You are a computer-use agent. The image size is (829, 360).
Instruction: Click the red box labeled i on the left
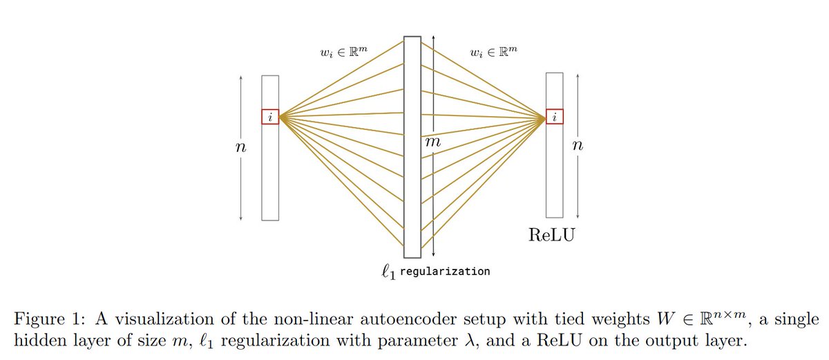tap(270, 117)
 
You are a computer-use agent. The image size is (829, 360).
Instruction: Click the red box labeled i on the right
tap(555, 117)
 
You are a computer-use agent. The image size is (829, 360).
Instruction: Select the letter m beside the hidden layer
tap(432, 141)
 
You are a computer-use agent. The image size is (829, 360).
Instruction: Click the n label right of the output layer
tap(578, 147)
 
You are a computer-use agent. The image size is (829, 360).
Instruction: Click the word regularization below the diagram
tap(445, 272)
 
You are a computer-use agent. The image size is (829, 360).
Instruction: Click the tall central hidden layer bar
tap(412, 145)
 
